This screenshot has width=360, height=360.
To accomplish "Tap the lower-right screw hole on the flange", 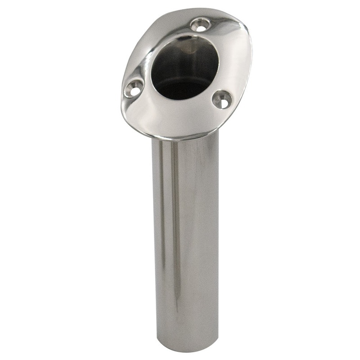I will [x=222, y=99].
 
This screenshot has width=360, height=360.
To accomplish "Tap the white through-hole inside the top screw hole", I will [x=200, y=25].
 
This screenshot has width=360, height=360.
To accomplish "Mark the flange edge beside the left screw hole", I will [x=121, y=94].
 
